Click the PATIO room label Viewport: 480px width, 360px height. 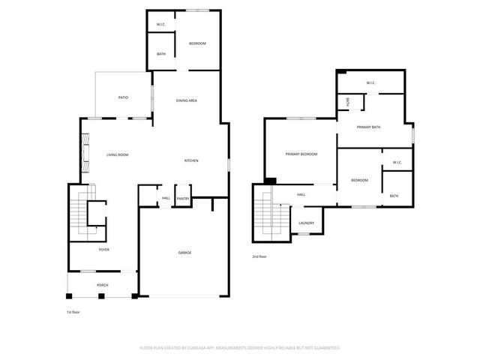tap(124, 98)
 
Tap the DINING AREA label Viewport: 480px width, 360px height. tap(187, 100)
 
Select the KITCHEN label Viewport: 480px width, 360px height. tap(191, 161)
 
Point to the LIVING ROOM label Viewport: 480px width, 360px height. tap(117, 154)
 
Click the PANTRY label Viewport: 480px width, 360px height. tap(183, 199)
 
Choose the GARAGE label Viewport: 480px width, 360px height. tap(184, 253)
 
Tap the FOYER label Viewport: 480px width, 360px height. tap(104, 249)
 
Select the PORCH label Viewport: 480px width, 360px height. tap(102, 286)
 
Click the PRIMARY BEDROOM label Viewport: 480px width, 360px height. tap(301, 154)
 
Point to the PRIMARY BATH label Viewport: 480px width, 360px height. tap(368, 127)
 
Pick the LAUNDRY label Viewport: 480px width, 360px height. tap(306, 223)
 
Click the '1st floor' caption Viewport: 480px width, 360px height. tap(73, 311)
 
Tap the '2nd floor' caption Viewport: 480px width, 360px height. tap(260, 257)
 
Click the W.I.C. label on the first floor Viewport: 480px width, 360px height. tap(161, 25)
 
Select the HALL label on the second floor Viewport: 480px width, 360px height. tap(301, 195)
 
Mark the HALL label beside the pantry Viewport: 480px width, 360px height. tap(166, 199)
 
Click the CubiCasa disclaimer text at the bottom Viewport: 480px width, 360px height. tap(240, 348)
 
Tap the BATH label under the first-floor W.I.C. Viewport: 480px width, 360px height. tap(161, 54)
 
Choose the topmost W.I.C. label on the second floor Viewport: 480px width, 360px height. tap(370, 82)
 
